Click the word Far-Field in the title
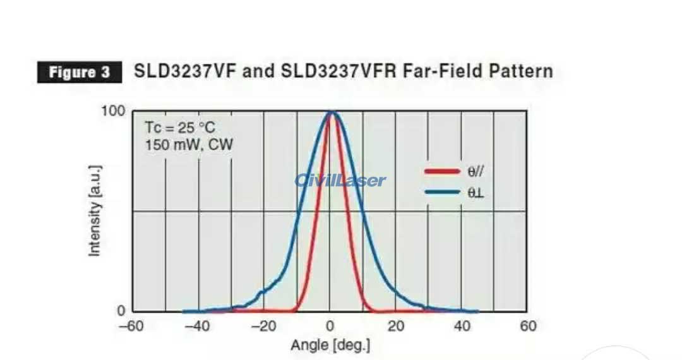click(431, 71)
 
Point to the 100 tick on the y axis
click(113, 112)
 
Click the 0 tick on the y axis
click(121, 311)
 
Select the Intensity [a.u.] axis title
click(94, 210)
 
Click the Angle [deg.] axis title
click(330, 345)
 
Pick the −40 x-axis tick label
click(197, 326)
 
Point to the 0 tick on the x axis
click(330, 326)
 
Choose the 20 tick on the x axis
click(396, 326)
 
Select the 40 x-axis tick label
click(462, 326)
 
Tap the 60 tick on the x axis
click(528, 326)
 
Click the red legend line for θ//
click(441, 171)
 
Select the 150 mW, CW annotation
click(189, 145)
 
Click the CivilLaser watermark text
click(340, 180)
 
